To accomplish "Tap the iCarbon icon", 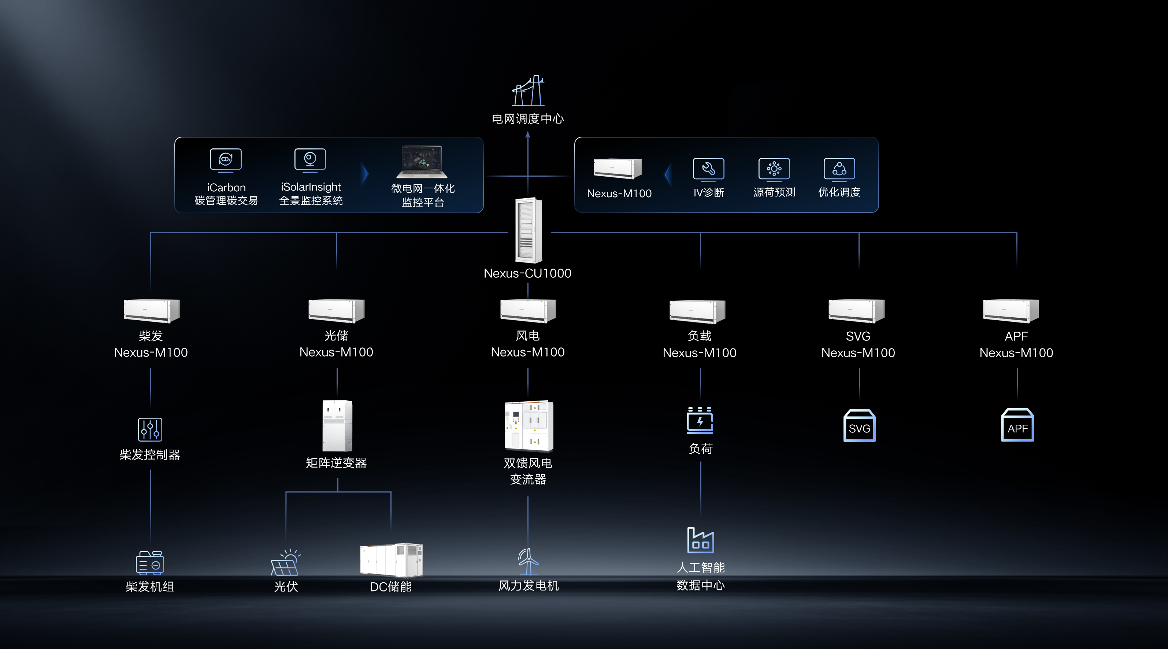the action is (226, 160).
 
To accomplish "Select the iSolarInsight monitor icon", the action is (310, 160).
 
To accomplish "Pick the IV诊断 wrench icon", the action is (709, 170).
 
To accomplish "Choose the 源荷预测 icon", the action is (774, 170).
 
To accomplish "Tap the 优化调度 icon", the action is (839, 170).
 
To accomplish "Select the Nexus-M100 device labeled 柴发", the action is (151, 311).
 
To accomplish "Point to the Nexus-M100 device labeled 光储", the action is (337, 311).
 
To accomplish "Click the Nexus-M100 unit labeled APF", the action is (1011, 311).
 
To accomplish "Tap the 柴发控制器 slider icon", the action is (150, 429).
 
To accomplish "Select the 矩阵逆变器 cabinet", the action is (337, 425).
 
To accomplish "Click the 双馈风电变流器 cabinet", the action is (529, 426).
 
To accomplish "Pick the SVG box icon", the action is (859, 425).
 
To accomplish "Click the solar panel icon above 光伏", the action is (285, 563).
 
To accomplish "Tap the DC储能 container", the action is (391, 560).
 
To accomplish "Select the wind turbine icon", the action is (528, 561).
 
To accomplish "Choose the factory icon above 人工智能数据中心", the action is (701, 540).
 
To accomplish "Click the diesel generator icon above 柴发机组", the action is (150, 563).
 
